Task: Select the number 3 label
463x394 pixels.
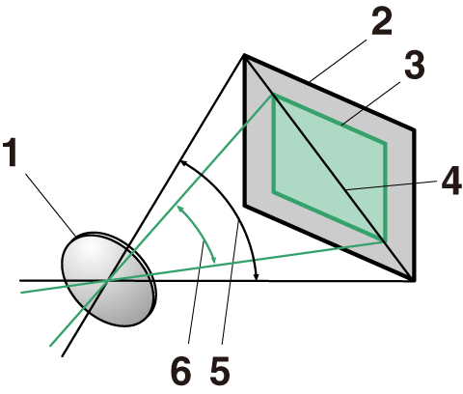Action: click(x=414, y=65)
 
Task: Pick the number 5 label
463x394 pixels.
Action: click(x=221, y=370)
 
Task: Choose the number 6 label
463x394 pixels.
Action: click(x=180, y=370)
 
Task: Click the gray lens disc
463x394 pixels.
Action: click(x=109, y=279)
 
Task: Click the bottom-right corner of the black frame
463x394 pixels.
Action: click(x=414, y=280)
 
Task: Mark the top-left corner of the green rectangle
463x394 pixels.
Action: click(x=273, y=96)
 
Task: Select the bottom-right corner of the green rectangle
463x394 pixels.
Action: click(x=385, y=240)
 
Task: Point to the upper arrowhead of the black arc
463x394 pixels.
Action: click(x=181, y=162)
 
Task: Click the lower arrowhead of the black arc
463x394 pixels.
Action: click(x=256, y=277)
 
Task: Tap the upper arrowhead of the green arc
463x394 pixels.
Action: click(x=178, y=207)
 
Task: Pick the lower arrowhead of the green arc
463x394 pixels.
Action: click(x=214, y=261)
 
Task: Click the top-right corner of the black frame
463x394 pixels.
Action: click(x=414, y=130)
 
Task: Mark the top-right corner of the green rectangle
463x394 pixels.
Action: click(x=385, y=143)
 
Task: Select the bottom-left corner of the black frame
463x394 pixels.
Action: click(x=245, y=205)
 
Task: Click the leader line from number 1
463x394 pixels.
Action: click(x=50, y=205)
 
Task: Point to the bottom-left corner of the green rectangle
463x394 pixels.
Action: click(x=273, y=192)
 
